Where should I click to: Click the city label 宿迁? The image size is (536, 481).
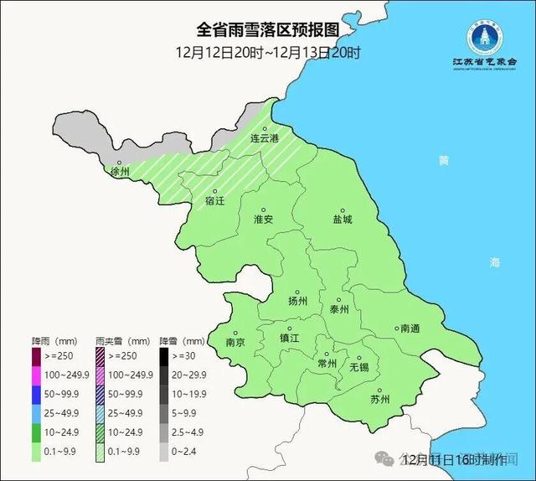(215, 201)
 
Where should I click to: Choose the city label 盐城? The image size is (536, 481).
(342, 219)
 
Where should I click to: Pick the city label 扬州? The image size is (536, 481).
(298, 301)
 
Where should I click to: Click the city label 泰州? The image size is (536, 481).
(339, 308)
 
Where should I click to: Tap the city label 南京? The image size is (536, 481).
(235, 343)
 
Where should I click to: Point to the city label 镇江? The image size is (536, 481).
(289, 338)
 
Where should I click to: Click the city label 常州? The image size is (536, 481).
(327, 364)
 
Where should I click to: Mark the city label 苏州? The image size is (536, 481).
(379, 399)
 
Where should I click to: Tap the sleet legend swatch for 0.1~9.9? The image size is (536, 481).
(100, 450)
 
